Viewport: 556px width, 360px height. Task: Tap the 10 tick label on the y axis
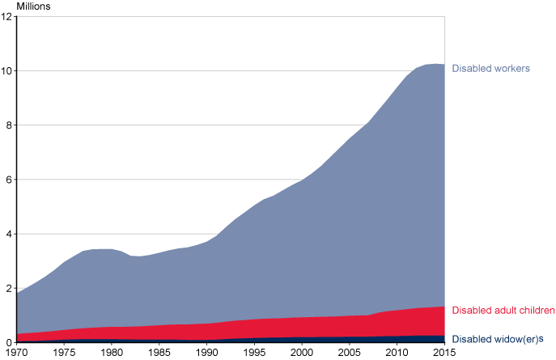coord(6,71)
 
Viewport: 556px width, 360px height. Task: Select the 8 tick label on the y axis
coord(8,125)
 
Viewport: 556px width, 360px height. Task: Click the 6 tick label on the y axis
coord(8,180)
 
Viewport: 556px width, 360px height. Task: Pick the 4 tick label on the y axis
coord(8,234)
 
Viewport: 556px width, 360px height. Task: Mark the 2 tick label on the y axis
coord(8,288)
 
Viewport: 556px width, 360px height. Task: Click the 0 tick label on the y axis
coord(8,342)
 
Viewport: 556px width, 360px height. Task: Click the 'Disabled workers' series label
coord(490,69)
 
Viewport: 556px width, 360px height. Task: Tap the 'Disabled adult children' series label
coord(503,311)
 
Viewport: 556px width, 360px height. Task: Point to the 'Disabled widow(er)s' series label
coord(497,340)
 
